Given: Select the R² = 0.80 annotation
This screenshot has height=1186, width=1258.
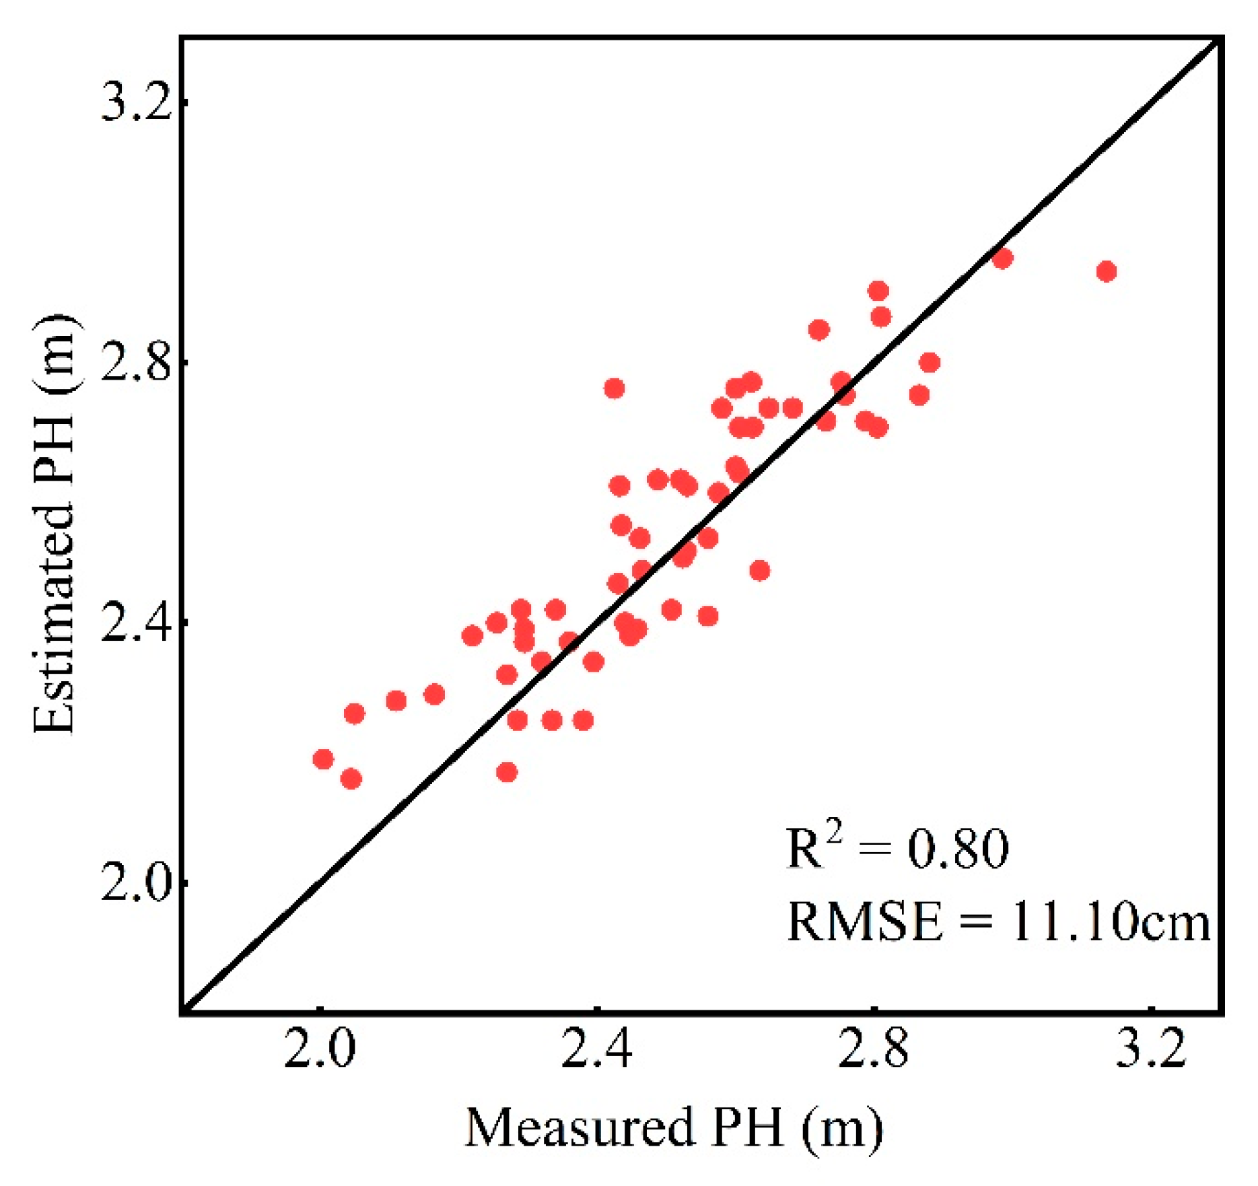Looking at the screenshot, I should [898, 848].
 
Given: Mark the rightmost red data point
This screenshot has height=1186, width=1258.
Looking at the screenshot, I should [1107, 271].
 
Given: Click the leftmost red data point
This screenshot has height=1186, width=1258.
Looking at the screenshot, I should [323, 759].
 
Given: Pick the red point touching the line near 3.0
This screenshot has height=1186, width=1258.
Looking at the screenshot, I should [1002, 258].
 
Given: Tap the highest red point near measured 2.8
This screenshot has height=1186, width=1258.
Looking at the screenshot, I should [878, 291].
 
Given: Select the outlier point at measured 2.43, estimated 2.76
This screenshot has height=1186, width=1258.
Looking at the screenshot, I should [614, 388].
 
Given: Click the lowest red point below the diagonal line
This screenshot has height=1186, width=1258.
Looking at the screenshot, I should [507, 772].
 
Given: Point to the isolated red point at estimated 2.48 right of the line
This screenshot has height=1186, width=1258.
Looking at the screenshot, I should [759, 571].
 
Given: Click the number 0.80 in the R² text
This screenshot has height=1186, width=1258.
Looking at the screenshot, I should [958, 849].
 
